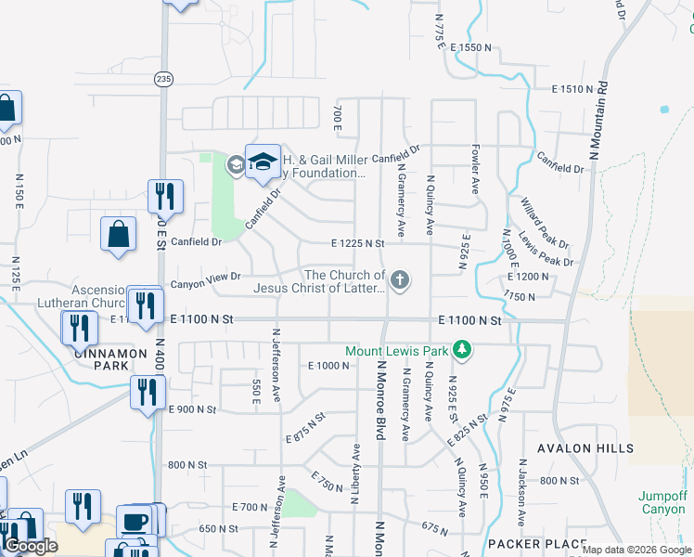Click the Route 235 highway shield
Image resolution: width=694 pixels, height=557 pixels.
[163, 80]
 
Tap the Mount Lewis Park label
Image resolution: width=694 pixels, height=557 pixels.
[397, 351]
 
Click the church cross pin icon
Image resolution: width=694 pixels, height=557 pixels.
[400, 280]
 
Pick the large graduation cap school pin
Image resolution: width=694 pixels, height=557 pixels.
[263, 161]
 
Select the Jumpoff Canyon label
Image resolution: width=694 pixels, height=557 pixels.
[662, 502]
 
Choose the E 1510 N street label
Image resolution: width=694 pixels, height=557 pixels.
[572, 89]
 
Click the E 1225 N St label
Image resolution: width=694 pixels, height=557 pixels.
[357, 243]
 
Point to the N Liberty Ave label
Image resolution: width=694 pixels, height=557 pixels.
[355, 473]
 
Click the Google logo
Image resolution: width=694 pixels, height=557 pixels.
[32, 546]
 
